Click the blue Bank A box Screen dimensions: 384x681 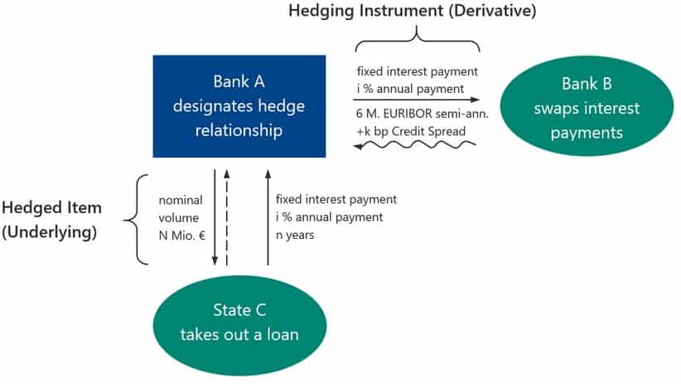pos(239,106)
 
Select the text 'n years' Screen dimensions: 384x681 pos(297,234)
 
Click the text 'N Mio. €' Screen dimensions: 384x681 pos(181,234)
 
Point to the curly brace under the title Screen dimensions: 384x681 pos(418,40)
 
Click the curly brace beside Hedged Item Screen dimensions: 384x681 pos(137,220)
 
